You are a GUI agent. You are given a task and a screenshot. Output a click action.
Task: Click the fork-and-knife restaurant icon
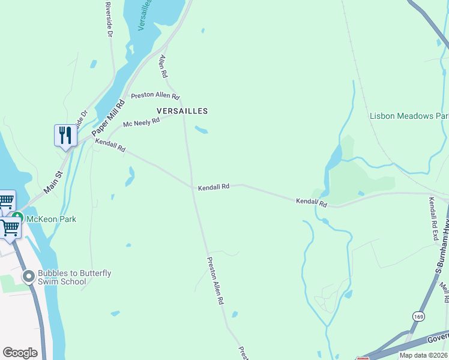coord(65,135)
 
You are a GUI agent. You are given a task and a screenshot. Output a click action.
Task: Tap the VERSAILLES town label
coord(182,111)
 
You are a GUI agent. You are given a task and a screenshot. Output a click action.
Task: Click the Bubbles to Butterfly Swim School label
coord(74,277)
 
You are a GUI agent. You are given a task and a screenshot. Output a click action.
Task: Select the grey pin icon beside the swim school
coord(28,277)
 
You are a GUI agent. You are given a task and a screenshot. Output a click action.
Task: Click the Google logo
coord(20,353)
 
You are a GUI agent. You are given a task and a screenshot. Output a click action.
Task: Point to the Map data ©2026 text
coord(423,355)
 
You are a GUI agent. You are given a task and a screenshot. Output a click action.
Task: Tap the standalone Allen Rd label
coord(163,67)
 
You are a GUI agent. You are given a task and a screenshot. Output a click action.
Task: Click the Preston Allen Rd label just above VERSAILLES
coord(155,95)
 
